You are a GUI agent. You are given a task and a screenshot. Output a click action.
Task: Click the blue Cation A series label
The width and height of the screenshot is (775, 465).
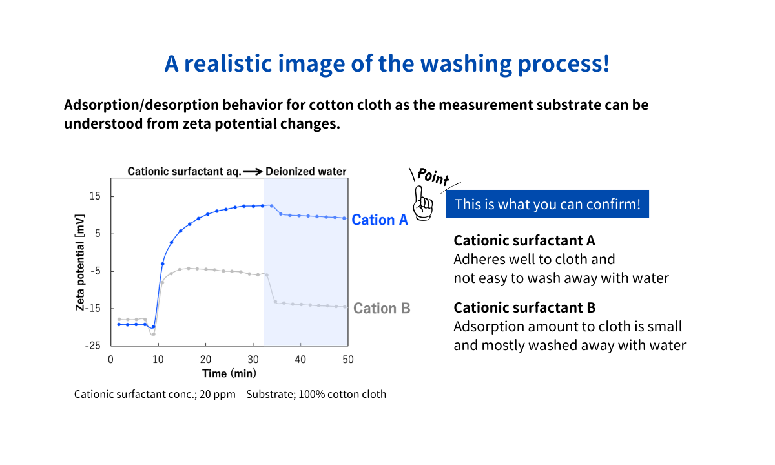(x=380, y=220)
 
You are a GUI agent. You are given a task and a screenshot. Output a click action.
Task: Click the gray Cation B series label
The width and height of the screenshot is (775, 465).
(x=382, y=308)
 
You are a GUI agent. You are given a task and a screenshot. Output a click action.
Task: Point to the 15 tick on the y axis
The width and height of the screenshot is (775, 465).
(x=95, y=196)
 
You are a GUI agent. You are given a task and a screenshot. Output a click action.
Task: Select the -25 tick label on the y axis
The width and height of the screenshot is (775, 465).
(x=93, y=346)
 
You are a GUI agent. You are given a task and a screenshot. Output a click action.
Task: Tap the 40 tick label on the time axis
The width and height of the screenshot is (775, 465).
(x=300, y=360)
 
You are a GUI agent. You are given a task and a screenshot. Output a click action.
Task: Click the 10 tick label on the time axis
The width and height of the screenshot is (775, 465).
(x=158, y=360)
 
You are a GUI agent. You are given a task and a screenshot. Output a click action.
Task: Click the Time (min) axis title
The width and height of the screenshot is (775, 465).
(x=229, y=374)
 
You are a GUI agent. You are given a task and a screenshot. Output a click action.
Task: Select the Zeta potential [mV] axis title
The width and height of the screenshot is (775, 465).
(x=80, y=263)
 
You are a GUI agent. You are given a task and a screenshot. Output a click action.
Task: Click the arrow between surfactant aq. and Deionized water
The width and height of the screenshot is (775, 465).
(x=253, y=172)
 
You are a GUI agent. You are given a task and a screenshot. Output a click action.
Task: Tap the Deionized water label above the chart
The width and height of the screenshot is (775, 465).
(x=306, y=172)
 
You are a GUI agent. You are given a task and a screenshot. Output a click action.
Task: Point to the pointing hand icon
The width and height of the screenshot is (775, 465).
(x=422, y=203)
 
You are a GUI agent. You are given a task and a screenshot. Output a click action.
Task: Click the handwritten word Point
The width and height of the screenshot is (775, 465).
(x=433, y=176)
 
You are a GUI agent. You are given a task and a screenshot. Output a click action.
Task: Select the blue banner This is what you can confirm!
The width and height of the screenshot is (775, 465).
(x=548, y=204)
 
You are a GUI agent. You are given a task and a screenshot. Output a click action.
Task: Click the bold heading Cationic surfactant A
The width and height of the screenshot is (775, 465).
(x=524, y=240)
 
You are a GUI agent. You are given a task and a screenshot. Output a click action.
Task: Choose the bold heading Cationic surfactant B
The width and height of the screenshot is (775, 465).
(x=524, y=307)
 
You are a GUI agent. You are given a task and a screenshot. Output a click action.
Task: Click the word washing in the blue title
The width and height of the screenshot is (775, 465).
(x=466, y=65)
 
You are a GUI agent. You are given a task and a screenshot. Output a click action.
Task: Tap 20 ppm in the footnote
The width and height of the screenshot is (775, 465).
(x=217, y=395)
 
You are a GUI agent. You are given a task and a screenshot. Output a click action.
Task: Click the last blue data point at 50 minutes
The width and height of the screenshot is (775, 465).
(x=345, y=218)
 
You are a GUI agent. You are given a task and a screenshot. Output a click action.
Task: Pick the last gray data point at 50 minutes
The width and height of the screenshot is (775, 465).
(x=345, y=307)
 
